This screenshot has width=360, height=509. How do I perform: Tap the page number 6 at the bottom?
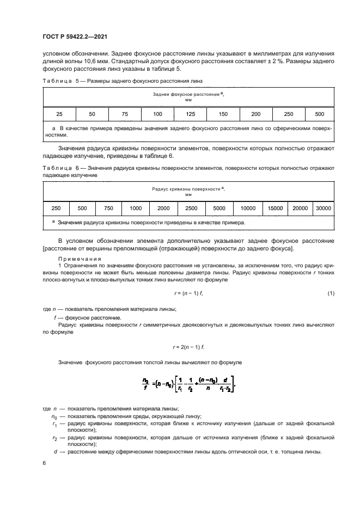[x=45, y=463]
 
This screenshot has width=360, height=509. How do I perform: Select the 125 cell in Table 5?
[x=190, y=114]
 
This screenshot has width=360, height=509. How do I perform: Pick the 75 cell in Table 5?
[x=125, y=114]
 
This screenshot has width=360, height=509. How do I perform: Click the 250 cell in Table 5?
[x=288, y=114]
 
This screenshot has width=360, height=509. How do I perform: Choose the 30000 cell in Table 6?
[x=324, y=208]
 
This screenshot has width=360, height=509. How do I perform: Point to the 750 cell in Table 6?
[x=108, y=208]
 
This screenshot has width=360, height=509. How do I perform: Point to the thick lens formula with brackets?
[x=188, y=387]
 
